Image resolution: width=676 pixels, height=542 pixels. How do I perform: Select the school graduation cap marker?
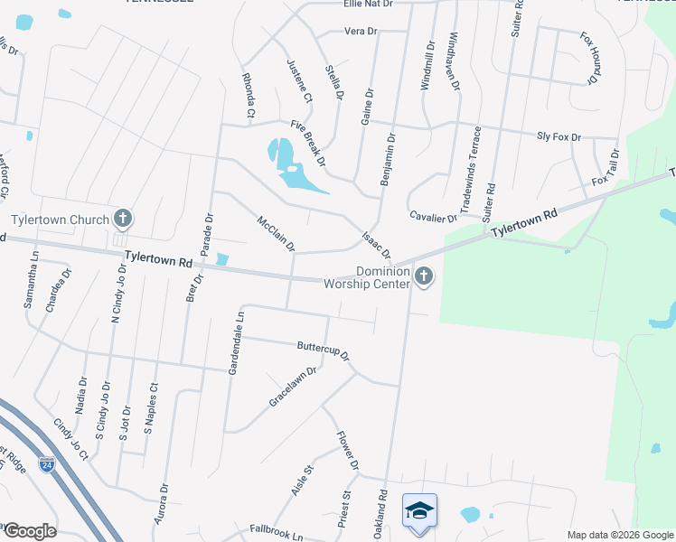click(419, 511)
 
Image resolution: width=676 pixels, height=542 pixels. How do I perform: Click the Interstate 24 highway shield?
click(46, 465)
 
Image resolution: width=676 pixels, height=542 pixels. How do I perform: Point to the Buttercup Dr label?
click(324, 350)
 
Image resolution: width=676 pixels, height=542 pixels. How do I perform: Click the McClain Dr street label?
click(277, 233)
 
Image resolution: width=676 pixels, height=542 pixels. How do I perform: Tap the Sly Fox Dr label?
click(559, 135)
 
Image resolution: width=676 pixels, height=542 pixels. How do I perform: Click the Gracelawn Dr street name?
click(294, 386)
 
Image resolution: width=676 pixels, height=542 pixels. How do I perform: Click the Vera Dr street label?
click(360, 31)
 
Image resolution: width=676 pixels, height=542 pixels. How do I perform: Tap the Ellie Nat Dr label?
click(369, 5)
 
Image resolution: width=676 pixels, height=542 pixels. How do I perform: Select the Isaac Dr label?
click(376, 241)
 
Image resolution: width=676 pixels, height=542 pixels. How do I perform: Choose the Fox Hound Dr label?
click(590, 58)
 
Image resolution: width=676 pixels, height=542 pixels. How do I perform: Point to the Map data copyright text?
click(619, 535)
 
